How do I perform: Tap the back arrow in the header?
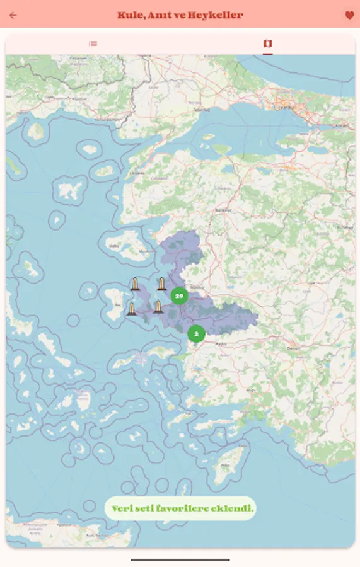tap(13, 15)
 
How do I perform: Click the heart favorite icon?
tap(349, 15)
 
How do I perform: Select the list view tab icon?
tap(93, 43)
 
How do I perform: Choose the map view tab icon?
tap(268, 43)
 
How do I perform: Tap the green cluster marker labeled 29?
tap(179, 295)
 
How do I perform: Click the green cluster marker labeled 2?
tap(196, 333)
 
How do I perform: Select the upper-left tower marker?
tap(135, 284)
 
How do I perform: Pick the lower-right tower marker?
tap(158, 307)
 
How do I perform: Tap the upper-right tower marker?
tap(162, 284)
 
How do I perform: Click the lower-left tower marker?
tap(132, 309)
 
